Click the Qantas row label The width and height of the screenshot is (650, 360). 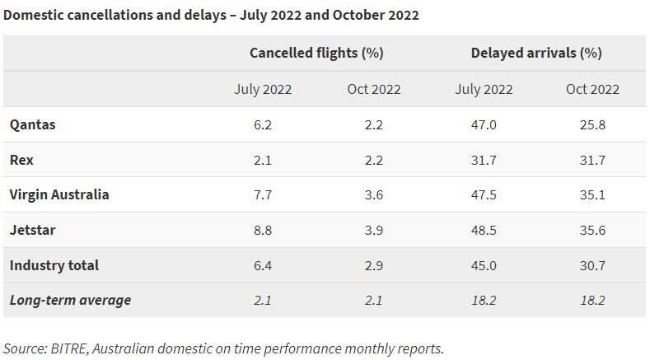32,124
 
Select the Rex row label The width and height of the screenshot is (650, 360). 21,160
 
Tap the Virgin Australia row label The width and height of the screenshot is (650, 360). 58,195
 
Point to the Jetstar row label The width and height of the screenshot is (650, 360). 33,230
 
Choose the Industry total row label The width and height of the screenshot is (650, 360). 54,265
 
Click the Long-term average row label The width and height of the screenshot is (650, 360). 70,300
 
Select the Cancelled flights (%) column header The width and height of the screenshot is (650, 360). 317,53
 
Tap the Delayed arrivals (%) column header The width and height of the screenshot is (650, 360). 536,53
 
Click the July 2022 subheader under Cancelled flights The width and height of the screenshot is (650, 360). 263,89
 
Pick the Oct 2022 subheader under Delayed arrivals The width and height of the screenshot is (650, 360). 592,89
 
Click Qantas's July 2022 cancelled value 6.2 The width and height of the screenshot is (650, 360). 263,124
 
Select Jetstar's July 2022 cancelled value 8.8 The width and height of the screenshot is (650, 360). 263,230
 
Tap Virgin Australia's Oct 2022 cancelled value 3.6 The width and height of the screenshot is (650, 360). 373,195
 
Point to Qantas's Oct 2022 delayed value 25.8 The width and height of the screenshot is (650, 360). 592,124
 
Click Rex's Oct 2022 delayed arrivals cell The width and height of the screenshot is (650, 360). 592,160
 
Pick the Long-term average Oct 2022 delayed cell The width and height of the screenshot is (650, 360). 592,300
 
